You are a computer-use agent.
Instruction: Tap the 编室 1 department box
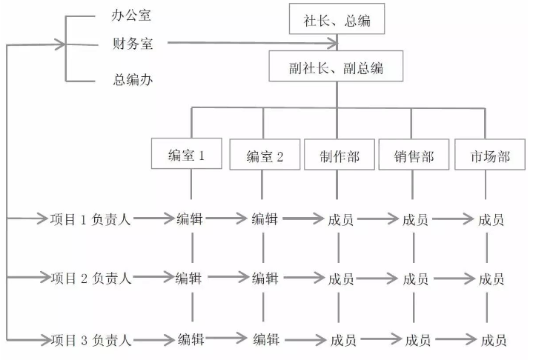coord(185,156)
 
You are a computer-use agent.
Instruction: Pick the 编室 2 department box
coord(265,156)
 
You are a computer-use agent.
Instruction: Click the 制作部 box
coord(340,156)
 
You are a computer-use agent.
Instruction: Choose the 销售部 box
coord(414,156)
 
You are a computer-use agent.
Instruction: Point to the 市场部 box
coord(490,156)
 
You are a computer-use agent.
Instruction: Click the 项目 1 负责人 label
coord(90,219)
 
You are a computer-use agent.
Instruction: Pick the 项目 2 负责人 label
coord(90,279)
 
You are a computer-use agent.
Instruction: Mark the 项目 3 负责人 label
coord(90,340)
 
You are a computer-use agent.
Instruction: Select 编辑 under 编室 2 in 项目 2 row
coord(265,279)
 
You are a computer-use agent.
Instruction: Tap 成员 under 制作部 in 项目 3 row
coord(342,340)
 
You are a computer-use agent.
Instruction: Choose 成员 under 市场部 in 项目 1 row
coord(491,219)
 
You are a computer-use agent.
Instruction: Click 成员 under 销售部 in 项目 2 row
coord(415,279)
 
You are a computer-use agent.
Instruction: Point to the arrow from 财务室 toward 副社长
coord(252,44)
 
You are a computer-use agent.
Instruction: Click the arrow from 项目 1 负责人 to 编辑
coord(153,219)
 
